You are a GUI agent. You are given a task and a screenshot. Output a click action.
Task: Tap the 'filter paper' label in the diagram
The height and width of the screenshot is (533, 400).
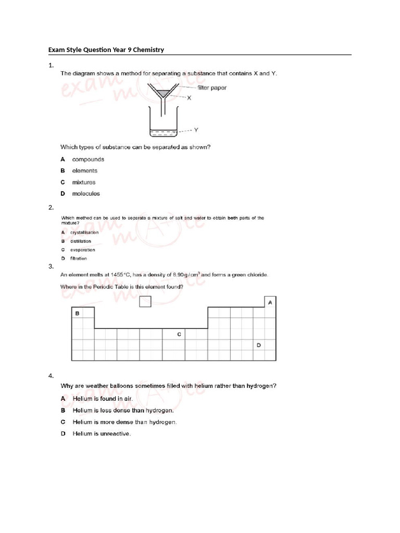pos(211,87)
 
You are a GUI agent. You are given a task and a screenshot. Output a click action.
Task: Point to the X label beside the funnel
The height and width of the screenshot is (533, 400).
pos(189,98)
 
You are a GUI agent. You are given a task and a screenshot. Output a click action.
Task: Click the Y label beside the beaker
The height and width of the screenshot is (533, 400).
pos(196,130)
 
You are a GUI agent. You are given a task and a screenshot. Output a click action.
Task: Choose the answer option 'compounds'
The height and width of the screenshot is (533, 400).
pos(88,159)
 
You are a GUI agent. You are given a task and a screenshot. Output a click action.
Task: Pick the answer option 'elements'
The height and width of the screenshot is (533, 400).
pos(85,171)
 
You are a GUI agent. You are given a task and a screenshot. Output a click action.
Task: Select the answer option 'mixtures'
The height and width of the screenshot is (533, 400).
pos(84,182)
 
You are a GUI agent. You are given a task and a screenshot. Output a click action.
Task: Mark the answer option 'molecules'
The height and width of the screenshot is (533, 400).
pos(86,194)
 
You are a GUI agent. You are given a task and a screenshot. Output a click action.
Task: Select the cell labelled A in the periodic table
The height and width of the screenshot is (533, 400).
pos(270,302)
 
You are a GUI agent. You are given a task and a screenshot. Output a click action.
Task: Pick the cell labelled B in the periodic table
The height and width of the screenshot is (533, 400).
pos(77,313)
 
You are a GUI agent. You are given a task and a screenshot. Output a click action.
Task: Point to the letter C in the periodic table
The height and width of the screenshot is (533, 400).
pos(179,334)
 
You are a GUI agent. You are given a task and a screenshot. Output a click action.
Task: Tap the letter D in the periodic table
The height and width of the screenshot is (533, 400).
pos(258,345)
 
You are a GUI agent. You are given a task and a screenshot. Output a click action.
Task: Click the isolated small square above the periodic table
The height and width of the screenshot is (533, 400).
pos(146,301)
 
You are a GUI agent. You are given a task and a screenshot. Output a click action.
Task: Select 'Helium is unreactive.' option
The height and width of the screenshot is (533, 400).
pos(102,434)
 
